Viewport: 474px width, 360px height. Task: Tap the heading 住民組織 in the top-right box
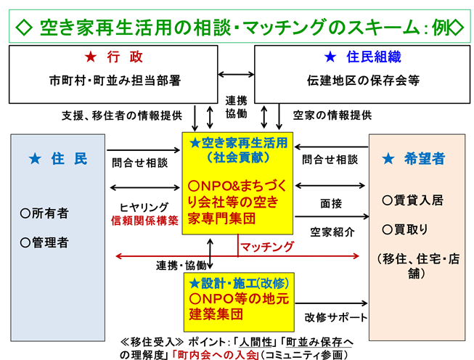coord(361,57)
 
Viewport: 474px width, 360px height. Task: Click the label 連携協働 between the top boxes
coord(236,107)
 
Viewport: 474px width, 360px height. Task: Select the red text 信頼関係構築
coord(144,221)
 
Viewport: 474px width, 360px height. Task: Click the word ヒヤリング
coord(144,206)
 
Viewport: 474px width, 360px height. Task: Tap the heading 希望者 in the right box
coord(418,158)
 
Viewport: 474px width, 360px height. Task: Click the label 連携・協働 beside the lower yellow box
coord(181,266)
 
